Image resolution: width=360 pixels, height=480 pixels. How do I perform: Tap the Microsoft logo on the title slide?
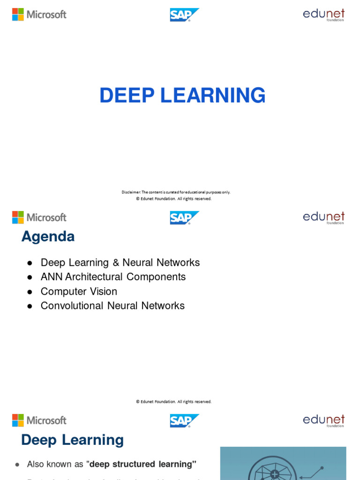39,14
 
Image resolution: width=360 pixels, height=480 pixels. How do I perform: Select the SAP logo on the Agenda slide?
184,217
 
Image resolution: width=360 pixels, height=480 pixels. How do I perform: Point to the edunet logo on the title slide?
323,15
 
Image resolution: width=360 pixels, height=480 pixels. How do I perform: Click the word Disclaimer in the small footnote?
131,192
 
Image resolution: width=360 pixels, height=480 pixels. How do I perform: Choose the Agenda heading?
48,237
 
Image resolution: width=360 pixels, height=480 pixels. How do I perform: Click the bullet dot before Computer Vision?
30,292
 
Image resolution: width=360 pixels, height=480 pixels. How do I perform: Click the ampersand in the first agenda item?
116,262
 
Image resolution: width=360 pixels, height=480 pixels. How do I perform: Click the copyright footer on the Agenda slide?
173,402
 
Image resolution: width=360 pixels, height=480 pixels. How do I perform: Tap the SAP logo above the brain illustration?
184,420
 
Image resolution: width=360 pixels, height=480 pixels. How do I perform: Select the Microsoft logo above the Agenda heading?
39,217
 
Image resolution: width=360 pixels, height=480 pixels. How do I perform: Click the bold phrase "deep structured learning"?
141,464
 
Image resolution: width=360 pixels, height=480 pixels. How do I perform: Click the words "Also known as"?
55,464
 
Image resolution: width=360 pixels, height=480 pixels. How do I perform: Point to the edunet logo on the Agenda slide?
323,217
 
